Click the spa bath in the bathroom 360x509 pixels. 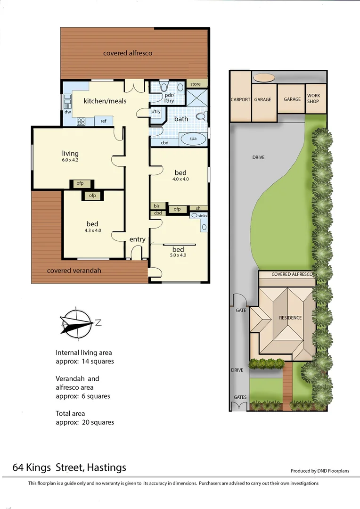coord(193,139)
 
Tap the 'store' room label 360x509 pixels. coord(196,84)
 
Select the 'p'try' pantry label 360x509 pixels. coord(155,112)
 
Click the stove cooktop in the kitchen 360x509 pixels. coord(81,122)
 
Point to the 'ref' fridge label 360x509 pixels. coord(103,121)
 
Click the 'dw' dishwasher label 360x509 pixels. coord(67,112)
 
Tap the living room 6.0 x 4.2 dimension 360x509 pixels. coord(70,160)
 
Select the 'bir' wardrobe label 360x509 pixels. coord(156,206)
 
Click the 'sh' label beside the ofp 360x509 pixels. coord(198,209)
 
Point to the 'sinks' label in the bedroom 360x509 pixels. coord(202,215)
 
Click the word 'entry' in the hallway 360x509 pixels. coord(138,239)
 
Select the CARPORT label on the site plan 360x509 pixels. coord(240,100)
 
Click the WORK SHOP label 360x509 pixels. coord(313,99)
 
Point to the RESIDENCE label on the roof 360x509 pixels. coord(290,318)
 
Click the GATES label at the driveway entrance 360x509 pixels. coord(240,397)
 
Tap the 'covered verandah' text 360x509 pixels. coord(74,271)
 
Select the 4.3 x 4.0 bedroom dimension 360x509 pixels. coord(92,230)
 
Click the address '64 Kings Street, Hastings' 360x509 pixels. coord(69,468)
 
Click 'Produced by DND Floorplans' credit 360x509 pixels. coord(320,471)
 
